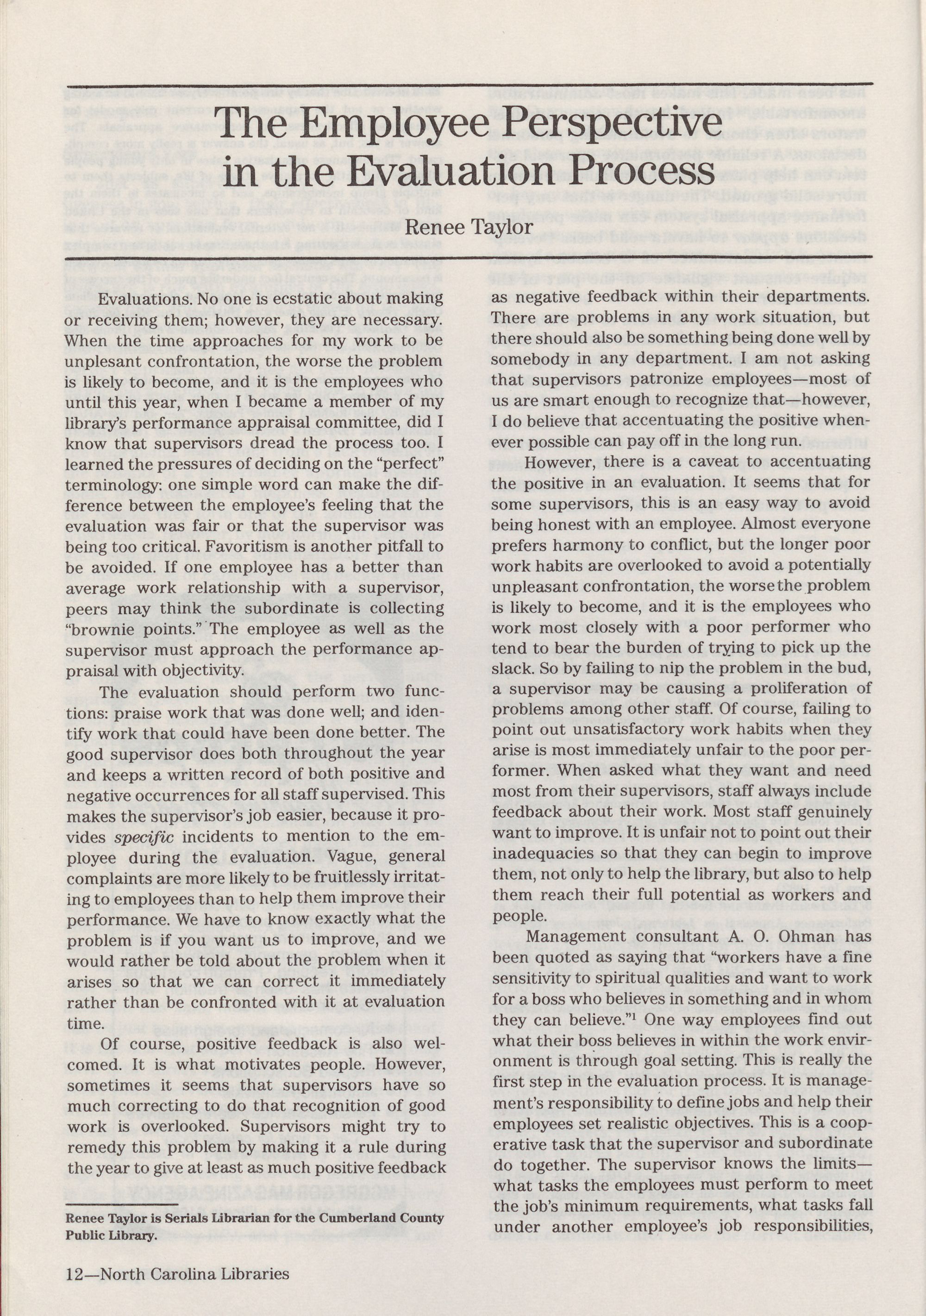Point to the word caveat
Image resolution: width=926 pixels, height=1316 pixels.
(x=693, y=461)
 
